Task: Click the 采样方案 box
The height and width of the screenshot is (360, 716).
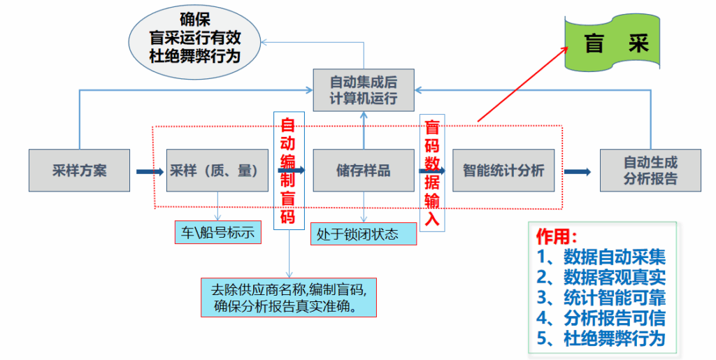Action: coord(79,171)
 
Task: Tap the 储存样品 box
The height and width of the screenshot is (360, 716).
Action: coord(363,171)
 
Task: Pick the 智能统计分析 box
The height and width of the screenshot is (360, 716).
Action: coord(503,171)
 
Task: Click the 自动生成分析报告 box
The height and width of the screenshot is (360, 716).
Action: coord(650,171)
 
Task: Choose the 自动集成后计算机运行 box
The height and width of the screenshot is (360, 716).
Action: coord(363,89)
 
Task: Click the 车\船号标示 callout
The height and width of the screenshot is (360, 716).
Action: coord(217,233)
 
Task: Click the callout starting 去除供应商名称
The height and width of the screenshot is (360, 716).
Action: coord(288,297)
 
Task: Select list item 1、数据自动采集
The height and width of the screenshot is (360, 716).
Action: coord(601,256)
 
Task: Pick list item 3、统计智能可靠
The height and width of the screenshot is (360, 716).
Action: coord(601,297)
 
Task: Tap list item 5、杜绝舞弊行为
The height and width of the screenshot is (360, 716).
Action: coord(601,339)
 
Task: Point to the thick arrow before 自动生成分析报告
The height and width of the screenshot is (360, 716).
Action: coord(578,171)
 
